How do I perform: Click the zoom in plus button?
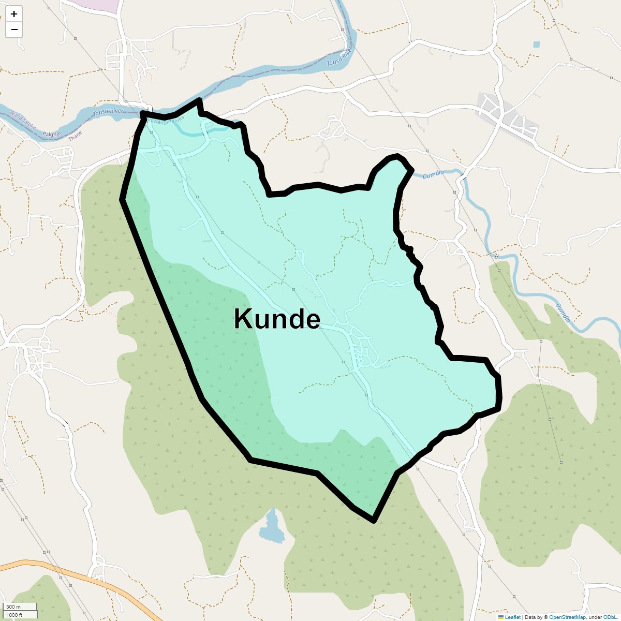[x=14, y=14]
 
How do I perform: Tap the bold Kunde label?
[x=277, y=319]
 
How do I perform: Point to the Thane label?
[x=75, y=136]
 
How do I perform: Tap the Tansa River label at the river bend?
[x=339, y=57]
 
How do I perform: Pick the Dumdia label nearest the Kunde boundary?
[x=433, y=175]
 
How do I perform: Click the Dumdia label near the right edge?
[x=563, y=313]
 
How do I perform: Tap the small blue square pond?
[x=536, y=45]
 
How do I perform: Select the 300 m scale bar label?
[x=14, y=607]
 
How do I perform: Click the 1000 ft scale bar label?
[x=14, y=615]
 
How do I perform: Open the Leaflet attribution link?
[x=512, y=617]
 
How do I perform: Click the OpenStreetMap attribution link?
[x=567, y=617]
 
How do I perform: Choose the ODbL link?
[x=609, y=617]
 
